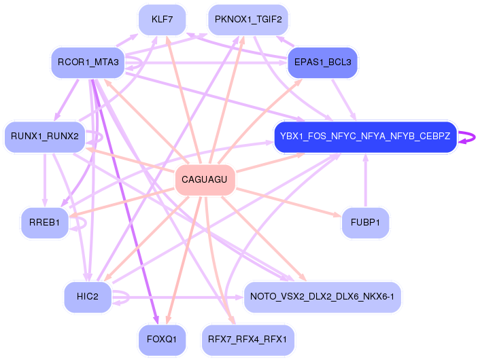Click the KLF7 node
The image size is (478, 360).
[x=162, y=19]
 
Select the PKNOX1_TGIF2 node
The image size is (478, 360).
[x=247, y=19]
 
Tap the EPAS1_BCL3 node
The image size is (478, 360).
[x=322, y=62]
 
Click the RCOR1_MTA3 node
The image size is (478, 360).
[x=88, y=63]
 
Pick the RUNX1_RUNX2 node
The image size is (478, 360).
[x=45, y=137]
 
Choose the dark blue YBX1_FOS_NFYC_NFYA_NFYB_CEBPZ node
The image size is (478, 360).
[x=364, y=137]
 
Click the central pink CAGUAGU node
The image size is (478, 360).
[x=205, y=180]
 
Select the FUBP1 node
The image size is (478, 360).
[x=365, y=223]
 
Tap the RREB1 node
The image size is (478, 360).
[x=45, y=223]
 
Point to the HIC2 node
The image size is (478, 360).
[x=88, y=297]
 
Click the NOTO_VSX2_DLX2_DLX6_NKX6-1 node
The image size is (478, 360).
[x=322, y=297]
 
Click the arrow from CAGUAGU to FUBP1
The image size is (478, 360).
[x=292, y=201]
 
